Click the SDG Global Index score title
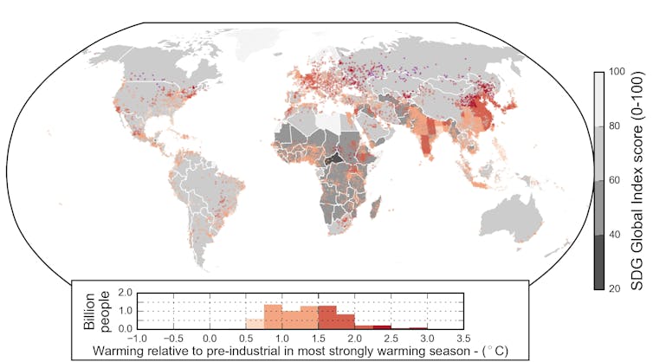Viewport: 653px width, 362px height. [642, 179]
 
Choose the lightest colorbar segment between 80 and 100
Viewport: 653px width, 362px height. [598, 99]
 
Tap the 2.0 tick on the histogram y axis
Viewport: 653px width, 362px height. [124, 293]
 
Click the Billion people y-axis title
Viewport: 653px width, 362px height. [98, 307]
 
